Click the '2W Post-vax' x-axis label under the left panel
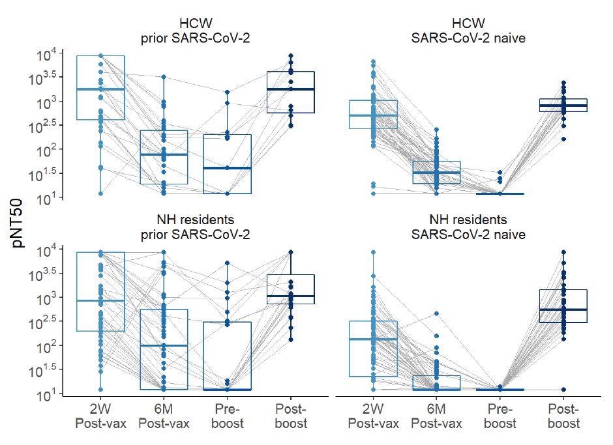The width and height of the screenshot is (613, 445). [100, 416]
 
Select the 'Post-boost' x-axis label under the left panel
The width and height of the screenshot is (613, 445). [291, 416]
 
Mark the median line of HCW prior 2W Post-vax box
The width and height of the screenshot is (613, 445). [100, 89]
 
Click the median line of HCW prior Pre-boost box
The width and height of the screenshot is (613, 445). [227, 168]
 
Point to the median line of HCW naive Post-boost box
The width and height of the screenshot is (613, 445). [564, 105]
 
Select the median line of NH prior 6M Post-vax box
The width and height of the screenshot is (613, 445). [164, 345]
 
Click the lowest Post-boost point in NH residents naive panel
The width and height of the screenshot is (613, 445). [564, 390]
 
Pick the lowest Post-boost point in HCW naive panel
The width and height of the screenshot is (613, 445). [564, 139]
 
